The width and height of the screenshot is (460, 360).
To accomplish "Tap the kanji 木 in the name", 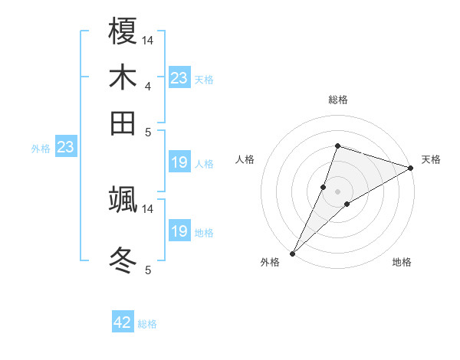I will pyautogui.click(x=123, y=78).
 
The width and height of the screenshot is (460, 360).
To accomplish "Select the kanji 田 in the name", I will pyautogui.click(x=123, y=122).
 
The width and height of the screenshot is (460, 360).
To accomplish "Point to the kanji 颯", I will pyautogui.click(x=123, y=198).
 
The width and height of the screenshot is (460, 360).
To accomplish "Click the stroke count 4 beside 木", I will pyautogui.click(x=147, y=87).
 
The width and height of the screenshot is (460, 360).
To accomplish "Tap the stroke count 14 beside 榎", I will pyautogui.click(x=148, y=40).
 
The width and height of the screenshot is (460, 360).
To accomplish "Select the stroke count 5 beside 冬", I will pyautogui.click(x=147, y=270).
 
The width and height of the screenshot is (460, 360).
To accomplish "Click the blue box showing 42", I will pyautogui.click(x=123, y=322).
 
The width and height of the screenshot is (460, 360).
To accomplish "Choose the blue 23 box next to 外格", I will pyautogui.click(x=65, y=148).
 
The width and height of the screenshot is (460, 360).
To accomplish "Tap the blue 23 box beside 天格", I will pyautogui.click(x=179, y=78).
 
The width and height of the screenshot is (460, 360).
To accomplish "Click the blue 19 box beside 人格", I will pyautogui.click(x=179, y=162).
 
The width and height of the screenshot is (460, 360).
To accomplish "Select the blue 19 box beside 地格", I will pyautogui.click(x=179, y=231).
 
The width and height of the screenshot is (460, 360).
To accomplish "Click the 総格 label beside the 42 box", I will pyautogui.click(x=147, y=324).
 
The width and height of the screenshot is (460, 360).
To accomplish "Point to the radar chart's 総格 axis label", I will pyautogui.click(x=337, y=100).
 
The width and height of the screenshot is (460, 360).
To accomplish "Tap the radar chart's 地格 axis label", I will pyautogui.click(x=402, y=263).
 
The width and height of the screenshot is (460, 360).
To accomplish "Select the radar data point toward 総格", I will pyautogui.click(x=337, y=146).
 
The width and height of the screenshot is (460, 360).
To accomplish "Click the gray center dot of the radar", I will pyautogui.click(x=337, y=191).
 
